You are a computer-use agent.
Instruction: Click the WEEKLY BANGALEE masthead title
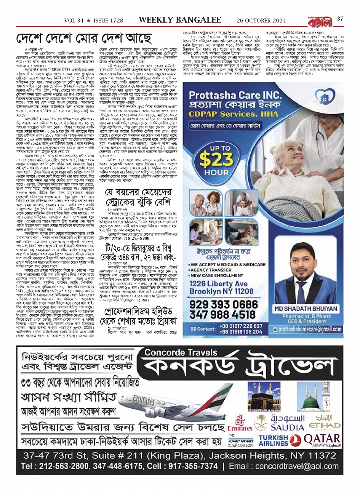[x=180, y=19]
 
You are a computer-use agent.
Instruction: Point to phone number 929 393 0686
[x=224, y=304]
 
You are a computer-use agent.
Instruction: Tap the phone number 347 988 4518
[x=223, y=315]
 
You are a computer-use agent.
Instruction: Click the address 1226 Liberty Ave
[x=218, y=284]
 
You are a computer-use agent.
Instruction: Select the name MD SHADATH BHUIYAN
[x=305, y=309]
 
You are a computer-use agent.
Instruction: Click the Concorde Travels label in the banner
[x=175, y=352]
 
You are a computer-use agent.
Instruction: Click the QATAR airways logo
[x=322, y=440]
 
